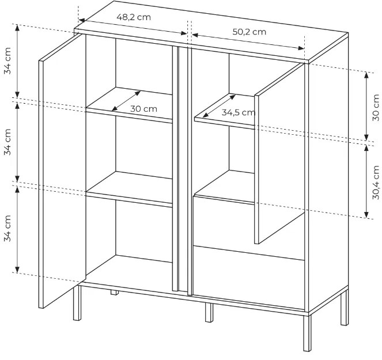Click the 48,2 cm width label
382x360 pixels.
pos(134,17)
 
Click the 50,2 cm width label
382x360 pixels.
pos(249,32)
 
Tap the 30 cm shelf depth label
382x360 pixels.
pos(143,109)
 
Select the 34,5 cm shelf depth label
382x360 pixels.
pos(239,112)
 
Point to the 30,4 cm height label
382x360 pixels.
pos(376,182)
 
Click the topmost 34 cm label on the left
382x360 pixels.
pos(7,60)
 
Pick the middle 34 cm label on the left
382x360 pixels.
pos(7,142)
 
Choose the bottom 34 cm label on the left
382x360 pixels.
pos(7,228)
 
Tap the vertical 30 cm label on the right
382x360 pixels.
pos(376,107)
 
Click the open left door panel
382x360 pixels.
pos(62,170)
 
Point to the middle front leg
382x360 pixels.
pos(209,313)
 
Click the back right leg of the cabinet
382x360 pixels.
pos(345,307)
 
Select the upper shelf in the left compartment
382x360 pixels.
pos(129,105)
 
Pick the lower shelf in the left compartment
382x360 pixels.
pos(129,189)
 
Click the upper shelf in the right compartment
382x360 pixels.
pos(224,111)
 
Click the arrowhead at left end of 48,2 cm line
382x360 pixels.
pos(81,20)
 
